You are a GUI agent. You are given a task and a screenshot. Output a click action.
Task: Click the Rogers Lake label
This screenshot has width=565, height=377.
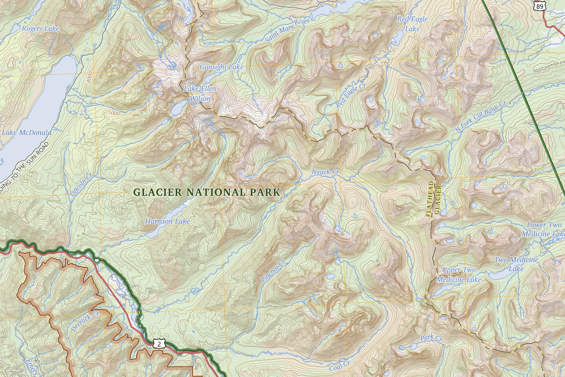tap(41, 29)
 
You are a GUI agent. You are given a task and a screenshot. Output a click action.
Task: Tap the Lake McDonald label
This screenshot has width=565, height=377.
tap(27, 133)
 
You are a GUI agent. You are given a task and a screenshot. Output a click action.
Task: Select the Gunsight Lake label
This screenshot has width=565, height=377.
tap(221, 67)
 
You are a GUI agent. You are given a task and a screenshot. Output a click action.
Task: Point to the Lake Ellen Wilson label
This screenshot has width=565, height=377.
tap(200, 93)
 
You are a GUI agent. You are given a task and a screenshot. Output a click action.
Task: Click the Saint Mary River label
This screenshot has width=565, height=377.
tap(288, 30)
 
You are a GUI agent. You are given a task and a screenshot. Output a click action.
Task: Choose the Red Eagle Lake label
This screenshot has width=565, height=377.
tap(412, 24)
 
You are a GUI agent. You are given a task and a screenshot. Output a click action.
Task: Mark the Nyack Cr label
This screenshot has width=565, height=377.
tap(325, 172)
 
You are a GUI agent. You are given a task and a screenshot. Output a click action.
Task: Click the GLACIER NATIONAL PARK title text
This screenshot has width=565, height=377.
tap(206, 192)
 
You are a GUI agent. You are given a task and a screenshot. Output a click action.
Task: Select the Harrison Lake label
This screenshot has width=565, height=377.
tap(167, 221)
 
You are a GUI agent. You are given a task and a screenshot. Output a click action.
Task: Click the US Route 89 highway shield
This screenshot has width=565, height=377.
tap(538, 5)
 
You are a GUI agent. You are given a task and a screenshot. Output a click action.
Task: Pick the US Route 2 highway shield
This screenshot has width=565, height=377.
tap(159, 344)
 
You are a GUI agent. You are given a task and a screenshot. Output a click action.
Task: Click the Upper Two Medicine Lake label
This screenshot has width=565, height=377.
tap(459, 275)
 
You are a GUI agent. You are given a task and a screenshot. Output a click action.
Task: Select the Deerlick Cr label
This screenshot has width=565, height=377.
tap(85, 321)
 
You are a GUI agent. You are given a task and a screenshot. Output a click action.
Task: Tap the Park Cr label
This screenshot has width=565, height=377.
tap(431, 339)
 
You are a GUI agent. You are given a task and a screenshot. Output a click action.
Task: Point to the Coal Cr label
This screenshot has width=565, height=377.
tap(340, 366)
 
